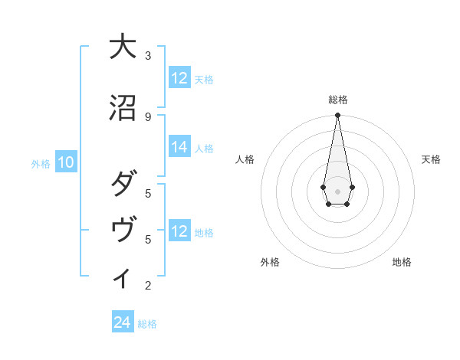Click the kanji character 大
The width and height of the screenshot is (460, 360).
click(121, 47)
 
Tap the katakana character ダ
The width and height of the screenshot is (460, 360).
click(121, 185)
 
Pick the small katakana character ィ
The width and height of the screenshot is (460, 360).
click(121, 278)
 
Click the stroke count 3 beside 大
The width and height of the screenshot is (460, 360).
click(148, 56)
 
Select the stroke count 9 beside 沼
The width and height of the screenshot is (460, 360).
click(148, 116)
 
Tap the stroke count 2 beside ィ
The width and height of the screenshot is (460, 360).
click(148, 286)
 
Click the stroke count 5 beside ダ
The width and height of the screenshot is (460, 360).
click(148, 193)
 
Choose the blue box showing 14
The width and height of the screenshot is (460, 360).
click(179, 148)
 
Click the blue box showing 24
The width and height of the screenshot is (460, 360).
click(123, 322)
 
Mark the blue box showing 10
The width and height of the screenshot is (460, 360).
click(66, 162)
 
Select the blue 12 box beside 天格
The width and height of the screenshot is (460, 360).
click(179, 78)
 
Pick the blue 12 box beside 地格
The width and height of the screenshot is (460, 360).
click(179, 231)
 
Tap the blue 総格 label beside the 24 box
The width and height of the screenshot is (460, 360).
click(147, 324)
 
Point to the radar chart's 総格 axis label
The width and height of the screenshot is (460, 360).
click(337, 100)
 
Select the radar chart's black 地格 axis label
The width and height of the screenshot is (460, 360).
click(402, 262)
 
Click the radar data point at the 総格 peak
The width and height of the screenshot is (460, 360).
click(337, 116)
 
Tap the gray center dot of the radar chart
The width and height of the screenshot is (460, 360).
click(337, 190)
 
